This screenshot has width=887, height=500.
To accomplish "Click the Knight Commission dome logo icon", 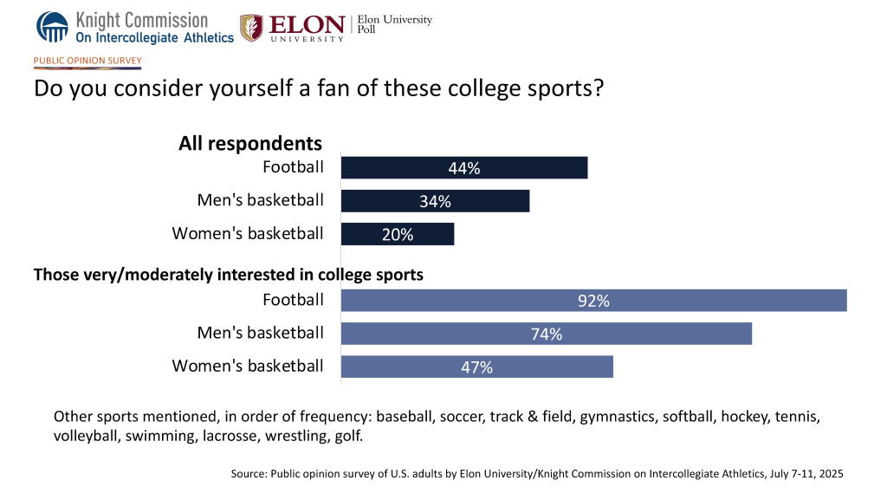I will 53,26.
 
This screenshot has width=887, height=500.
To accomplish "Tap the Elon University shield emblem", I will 252,28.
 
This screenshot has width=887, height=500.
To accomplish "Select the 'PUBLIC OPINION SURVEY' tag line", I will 87,61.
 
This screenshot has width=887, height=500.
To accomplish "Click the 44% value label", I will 465,169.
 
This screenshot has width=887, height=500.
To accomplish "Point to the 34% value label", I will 436,202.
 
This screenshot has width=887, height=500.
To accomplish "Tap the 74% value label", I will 547,334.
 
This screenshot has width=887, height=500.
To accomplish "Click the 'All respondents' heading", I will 250,144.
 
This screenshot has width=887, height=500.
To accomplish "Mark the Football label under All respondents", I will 293,167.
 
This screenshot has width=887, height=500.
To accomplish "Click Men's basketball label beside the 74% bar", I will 260,333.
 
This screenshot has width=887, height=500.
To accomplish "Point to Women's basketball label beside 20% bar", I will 248,233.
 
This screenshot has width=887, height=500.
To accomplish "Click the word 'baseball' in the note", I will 405,417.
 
